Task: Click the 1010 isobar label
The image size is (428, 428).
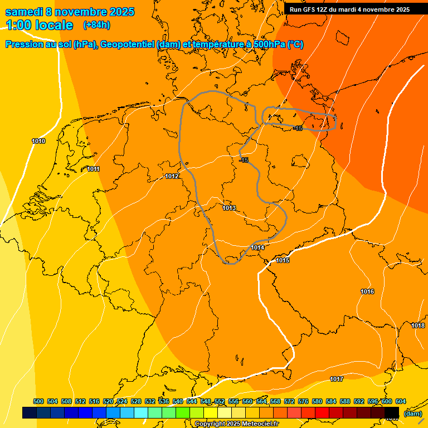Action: [38, 141]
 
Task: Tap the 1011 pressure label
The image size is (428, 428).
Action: [94, 169]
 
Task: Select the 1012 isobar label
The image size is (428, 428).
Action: [172, 176]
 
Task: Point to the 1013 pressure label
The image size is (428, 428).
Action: [229, 208]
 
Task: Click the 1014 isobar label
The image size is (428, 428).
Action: [257, 247]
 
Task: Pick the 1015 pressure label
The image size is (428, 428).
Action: [283, 260]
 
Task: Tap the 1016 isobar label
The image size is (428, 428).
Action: [367, 291]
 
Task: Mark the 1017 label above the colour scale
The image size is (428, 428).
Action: [337, 379]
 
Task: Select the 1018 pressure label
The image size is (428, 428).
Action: [418, 325]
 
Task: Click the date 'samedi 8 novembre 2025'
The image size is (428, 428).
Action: [70, 12]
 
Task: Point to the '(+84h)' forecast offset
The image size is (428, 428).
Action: [96, 25]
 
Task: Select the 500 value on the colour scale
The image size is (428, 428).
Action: [38, 401]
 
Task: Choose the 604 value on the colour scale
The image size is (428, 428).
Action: [400, 401]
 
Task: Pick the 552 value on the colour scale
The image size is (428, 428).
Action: [220, 401]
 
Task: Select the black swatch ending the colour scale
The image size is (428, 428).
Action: [392, 412]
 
